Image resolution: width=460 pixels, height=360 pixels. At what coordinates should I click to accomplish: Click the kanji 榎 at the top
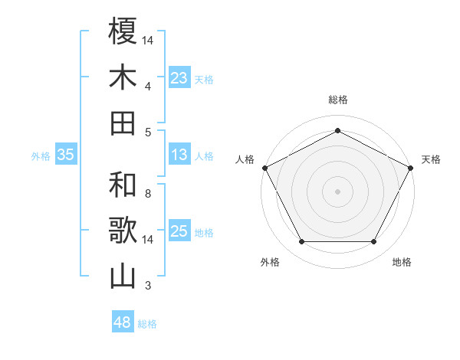click(123, 31)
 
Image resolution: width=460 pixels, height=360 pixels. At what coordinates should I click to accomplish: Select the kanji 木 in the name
click(123, 77)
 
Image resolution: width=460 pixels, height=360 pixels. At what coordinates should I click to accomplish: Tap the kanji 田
click(123, 123)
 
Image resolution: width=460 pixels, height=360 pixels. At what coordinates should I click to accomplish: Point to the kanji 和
click(123, 185)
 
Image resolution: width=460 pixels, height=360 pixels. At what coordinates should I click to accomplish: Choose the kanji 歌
click(123, 231)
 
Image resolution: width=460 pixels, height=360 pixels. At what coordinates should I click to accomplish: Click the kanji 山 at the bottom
click(123, 277)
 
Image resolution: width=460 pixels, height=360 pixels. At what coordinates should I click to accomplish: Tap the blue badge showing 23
click(179, 77)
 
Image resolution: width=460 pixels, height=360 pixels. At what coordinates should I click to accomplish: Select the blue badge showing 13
click(179, 155)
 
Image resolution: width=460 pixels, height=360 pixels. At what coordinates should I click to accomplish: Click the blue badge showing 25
click(179, 231)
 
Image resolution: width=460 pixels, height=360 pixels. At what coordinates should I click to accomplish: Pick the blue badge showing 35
click(65, 155)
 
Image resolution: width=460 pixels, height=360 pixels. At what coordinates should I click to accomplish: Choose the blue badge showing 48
click(122, 322)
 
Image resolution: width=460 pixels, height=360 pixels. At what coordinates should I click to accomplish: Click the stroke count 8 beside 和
click(148, 194)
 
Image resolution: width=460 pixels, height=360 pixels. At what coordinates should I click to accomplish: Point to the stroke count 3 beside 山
click(148, 286)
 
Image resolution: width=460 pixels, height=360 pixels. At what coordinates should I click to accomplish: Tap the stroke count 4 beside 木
click(148, 87)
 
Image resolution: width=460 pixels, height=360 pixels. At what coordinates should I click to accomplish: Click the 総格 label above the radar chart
click(337, 100)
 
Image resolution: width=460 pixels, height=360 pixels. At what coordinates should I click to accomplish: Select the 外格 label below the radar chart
click(270, 262)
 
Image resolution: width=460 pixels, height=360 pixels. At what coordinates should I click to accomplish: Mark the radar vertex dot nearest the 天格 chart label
click(412, 167)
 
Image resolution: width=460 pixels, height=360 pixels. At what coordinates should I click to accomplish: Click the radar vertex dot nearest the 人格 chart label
click(264, 167)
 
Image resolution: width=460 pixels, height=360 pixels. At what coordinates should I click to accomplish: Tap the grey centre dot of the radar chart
click(337, 191)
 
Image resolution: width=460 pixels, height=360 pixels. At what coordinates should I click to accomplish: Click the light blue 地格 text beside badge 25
click(204, 232)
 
